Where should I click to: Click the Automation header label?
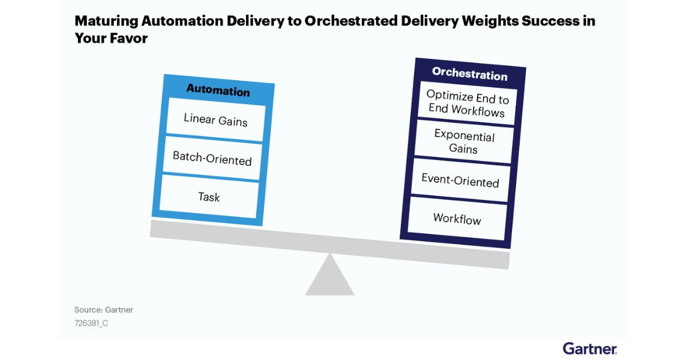coord(218,91)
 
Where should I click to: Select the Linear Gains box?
coord(216,120)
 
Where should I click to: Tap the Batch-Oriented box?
coord(212,158)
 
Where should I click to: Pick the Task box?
coord(209,197)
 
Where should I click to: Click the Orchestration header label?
coord(470,73)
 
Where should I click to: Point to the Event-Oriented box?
coord(460,180)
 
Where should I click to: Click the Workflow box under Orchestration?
coord(457,218)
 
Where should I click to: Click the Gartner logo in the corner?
coord(590,349)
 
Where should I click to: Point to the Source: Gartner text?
coord(104,310)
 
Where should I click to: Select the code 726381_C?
coord(91,323)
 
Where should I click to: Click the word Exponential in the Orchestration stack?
coord(464,136)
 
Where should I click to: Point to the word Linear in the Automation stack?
coord(199,118)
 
